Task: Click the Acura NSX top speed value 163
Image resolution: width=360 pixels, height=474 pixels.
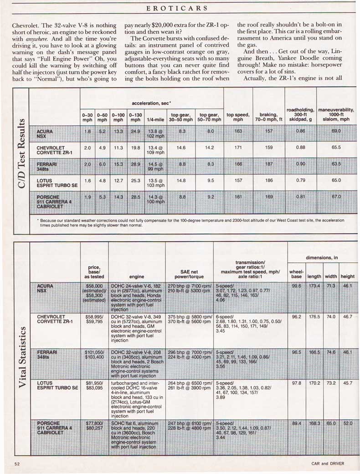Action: pyautogui.click(x=238, y=131)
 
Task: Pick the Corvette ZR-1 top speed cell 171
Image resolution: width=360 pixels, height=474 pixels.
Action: pyautogui.click(x=238, y=148)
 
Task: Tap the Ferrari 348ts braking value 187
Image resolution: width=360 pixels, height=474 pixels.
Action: pyautogui.click(x=269, y=164)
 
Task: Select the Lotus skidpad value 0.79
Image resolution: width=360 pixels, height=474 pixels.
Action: pyautogui.click(x=300, y=180)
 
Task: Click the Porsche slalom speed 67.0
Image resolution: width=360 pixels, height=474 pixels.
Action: pyautogui.click(x=336, y=197)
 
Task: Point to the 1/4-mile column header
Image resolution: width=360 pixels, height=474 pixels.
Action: pyautogui.click(x=152, y=120)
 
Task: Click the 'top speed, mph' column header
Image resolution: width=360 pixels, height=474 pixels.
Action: pyautogui.click(x=238, y=117)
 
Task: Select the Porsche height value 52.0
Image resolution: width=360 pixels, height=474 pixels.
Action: pyautogui.click(x=348, y=423)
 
